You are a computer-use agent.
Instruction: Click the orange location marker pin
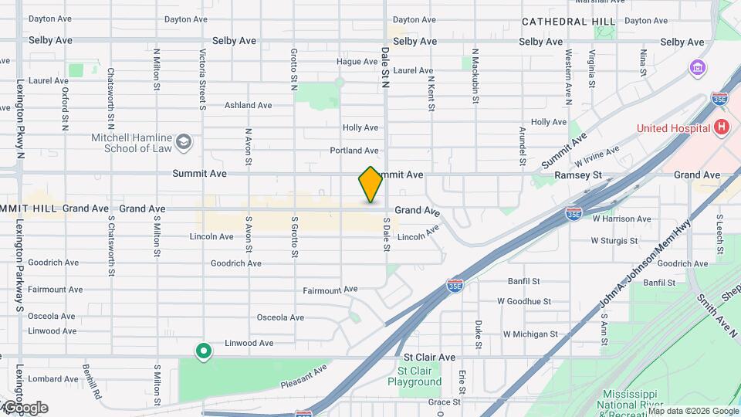[x=371, y=184]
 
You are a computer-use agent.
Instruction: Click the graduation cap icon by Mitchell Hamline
[x=184, y=141]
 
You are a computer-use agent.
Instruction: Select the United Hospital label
[x=673, y=128]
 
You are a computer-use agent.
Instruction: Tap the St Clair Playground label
[x=414, y=376]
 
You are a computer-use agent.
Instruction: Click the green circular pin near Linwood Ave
[x=204, y=352]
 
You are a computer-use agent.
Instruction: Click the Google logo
[x=25, y=408]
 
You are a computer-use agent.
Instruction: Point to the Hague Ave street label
[x=357, y=62]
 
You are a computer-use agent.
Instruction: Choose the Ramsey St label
[x=577, y=176]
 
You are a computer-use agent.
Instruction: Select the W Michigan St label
[x=530, y=334]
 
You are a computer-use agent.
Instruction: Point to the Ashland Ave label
[x=248, y=105]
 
